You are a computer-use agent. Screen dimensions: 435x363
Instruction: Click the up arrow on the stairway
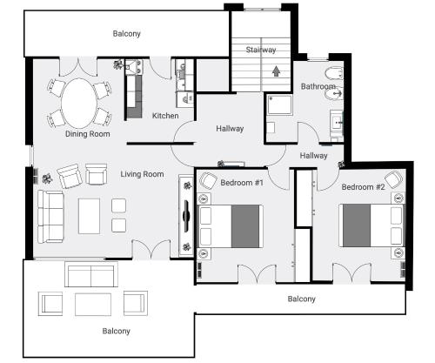(276, 71)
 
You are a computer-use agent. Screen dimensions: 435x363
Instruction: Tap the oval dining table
(78, 104)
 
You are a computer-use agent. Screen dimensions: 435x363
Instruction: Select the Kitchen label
(165, 116)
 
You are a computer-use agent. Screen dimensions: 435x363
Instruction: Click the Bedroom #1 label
(242, 183)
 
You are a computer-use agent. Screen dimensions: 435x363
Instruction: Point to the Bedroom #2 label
(363, 187)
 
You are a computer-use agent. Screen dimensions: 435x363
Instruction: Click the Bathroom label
(318, 86)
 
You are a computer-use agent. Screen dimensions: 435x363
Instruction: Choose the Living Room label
(142, 174)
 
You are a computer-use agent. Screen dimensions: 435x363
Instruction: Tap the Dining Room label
(88, 134)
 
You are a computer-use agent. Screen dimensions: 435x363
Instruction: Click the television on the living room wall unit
(186, 216)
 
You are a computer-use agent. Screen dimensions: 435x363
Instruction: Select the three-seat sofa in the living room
(50, 217)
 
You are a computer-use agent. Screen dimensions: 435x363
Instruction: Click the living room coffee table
(90, 216)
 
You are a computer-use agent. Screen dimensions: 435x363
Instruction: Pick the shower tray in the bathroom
(279, 104)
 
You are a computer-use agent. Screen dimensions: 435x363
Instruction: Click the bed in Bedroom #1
(231, 226)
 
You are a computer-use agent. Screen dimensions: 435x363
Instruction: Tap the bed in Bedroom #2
(371, 225)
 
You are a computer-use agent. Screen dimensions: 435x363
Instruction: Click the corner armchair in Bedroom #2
(393, 179)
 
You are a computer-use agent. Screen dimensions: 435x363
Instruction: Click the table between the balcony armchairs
(93, 305)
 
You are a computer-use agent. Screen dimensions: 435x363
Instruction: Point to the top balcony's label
(127, 34)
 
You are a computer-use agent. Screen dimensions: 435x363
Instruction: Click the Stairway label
(261, 50)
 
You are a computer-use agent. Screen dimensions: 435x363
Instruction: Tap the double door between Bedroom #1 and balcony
(257, 273)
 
